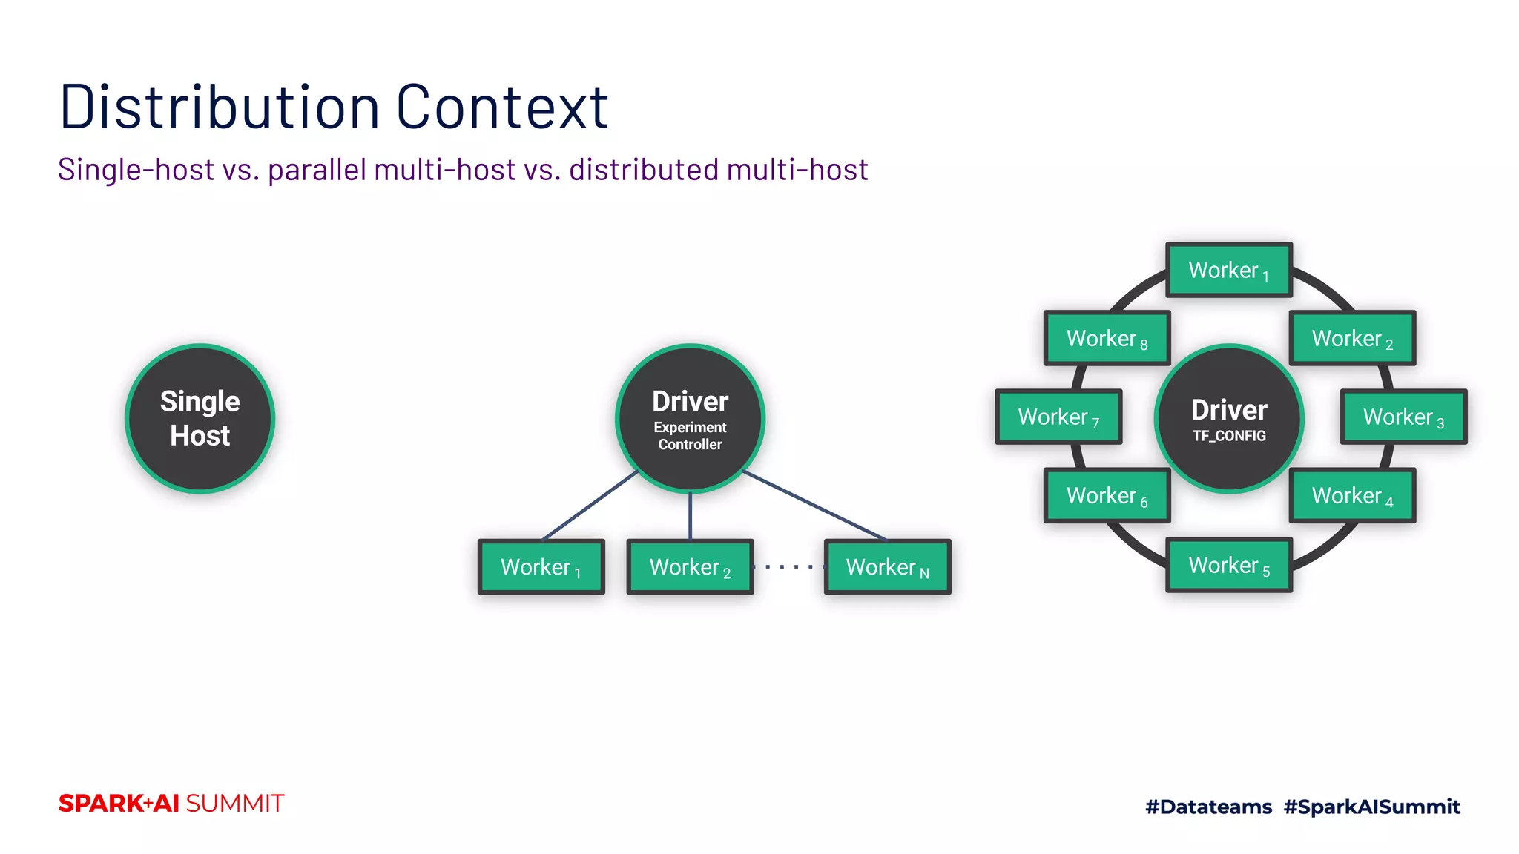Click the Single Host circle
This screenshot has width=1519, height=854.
tap(200, 419)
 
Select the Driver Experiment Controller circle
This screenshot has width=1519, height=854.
tap(690, 419)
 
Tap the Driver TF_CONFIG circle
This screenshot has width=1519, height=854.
tap(1229, 419)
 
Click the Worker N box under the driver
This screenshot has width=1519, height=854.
tap(887, 567)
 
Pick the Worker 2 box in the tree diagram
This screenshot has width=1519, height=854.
tap(690, 567)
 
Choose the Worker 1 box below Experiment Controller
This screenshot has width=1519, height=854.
tap(541, 567)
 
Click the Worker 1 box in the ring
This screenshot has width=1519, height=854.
tap(1229, 270)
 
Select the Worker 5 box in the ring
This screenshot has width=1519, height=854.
tap(1229, 565)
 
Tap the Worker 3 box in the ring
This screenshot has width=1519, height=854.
tap(1403, 417)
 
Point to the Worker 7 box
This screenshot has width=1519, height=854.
tap(1058, 417)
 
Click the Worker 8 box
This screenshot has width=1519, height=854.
tap(1107, 338)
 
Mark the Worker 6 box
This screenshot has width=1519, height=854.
tap(1107, 495)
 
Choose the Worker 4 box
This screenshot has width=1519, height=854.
tap(1352, 495)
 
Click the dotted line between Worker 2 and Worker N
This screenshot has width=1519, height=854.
tap(789, 567)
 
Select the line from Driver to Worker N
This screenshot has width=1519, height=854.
tap(814, 505)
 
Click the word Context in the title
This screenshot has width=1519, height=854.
tap(502, 107)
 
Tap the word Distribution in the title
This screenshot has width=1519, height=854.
tap(220, 107)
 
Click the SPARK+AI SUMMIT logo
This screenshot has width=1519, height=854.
tap(171, 804)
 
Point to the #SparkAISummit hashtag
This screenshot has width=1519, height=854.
tap(1371, 807)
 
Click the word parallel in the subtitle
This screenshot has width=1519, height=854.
tap(317, 170)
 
